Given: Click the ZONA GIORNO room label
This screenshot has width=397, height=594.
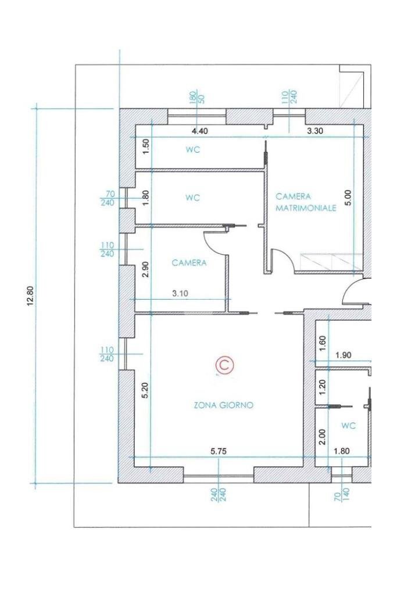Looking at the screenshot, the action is click(223, 405).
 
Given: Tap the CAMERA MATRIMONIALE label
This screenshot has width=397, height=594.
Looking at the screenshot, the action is click(306, 202).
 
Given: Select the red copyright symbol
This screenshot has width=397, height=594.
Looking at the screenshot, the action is click(224, 365).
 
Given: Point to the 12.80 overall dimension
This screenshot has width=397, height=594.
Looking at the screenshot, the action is click(31, 296).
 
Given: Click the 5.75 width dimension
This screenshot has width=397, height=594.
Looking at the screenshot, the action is click(219, 451).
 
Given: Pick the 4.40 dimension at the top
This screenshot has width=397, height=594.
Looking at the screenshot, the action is click(200, 131).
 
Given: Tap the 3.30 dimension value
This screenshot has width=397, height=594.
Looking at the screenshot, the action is click(314, 131).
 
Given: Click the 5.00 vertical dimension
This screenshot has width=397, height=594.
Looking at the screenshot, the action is click(349, 197).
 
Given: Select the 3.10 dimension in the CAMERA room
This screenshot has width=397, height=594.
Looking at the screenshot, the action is click(180, 293).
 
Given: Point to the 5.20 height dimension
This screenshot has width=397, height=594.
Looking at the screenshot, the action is click(146, 390).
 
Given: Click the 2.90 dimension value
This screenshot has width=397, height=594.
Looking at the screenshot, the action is click(146, 270).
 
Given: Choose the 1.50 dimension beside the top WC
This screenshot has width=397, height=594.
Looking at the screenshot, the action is click(146, 146).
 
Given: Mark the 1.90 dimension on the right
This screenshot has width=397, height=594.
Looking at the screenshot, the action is click(344, 355).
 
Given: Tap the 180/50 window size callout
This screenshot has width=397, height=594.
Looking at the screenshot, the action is click(197, 98).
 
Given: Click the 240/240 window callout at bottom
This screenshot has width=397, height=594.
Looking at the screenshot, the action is click(219, 495).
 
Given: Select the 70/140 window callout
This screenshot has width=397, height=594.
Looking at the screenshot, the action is click(342, 495).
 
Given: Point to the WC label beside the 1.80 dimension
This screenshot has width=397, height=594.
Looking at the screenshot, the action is click(192, 198).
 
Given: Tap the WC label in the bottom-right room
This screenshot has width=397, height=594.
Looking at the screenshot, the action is click(349, 426).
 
